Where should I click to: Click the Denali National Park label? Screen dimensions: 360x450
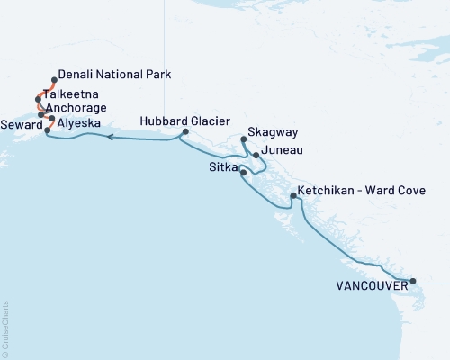click(x=113, y=76)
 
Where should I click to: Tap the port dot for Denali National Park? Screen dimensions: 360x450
click(x=53, y=80)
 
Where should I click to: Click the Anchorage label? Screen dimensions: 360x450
click(x=77, y=107)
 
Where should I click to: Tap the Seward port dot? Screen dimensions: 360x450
click(x=47, y=130)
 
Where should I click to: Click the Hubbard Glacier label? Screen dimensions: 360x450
click(x=185, y=121)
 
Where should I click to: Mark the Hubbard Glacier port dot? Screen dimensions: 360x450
click(x=184, y=132)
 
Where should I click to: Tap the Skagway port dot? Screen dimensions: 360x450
click(x=245, y=139)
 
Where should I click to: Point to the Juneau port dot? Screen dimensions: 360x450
click(x=256, y=156)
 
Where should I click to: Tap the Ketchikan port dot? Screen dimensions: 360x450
click(x=293, y=195)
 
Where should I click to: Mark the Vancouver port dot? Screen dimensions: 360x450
click(x=413, y=282)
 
